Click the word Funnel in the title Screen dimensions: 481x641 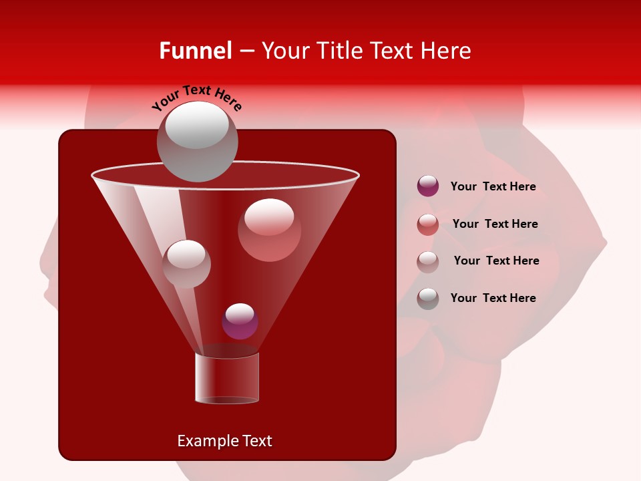pos(195,51)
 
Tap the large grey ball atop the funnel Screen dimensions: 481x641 pos(197,141)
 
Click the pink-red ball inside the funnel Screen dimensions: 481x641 pos(269,229)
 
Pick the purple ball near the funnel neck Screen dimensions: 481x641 pos(240,321)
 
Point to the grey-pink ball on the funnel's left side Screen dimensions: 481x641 pos(186,263)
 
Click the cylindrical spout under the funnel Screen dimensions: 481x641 pos(227,378)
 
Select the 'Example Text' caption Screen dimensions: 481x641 pos(224,441)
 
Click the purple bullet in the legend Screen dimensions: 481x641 pos(428,186)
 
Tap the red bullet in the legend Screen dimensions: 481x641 pos(428,224)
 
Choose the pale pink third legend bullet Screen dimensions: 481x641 pos(428,261)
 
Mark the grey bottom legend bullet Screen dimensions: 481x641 pos(428,298)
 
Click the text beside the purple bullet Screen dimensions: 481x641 pos(493,186)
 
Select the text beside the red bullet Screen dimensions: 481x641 pos(495,224)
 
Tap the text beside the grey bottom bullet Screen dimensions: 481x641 pos(493,298)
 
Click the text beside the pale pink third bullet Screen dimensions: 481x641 pos(496,261)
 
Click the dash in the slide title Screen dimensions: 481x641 pos(246,51)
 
